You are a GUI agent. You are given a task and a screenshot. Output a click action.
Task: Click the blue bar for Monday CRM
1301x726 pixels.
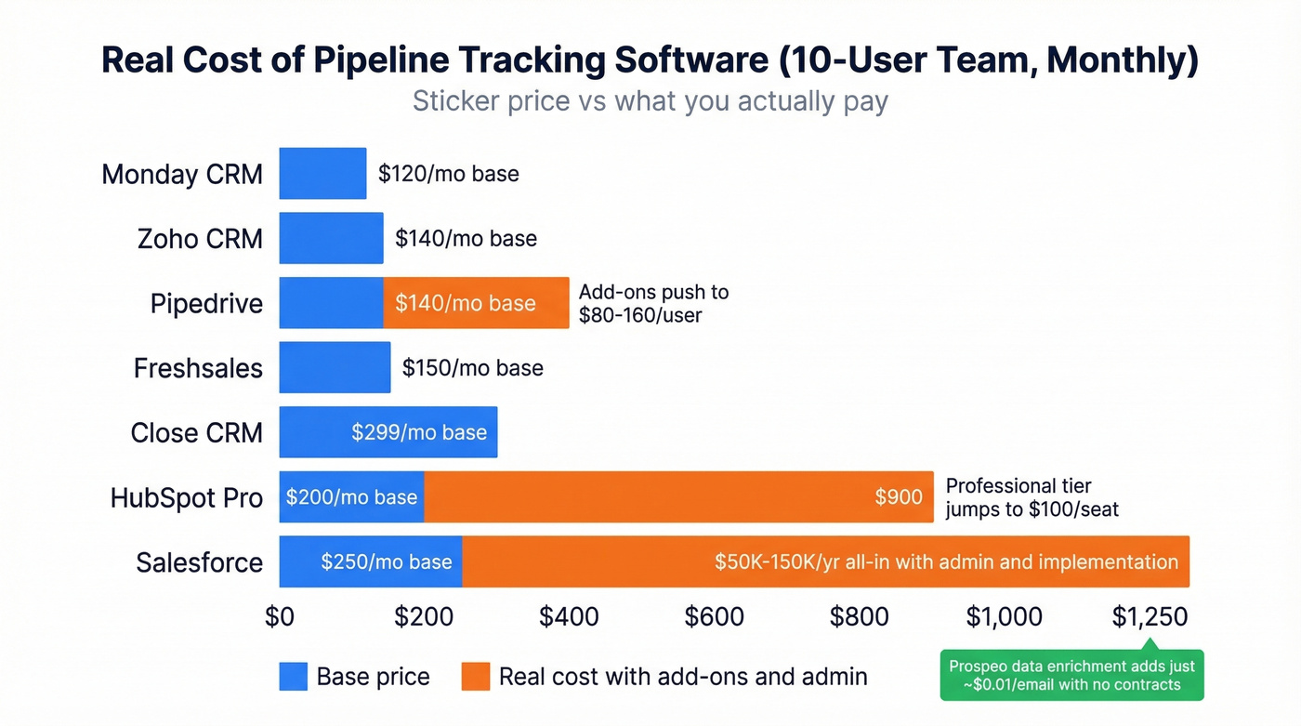pos(322,173)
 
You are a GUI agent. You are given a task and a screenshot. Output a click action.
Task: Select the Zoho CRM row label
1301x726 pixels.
pos(200,239)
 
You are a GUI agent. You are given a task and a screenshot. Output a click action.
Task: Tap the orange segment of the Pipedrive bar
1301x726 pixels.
pos(476,303)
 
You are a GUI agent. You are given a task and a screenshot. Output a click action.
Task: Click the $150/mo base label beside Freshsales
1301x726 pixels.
pos(472,368)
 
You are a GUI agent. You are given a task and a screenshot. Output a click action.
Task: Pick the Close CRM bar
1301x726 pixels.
pos(388,432)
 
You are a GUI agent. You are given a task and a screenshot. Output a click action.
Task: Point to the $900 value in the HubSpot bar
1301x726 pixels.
pos(898,497)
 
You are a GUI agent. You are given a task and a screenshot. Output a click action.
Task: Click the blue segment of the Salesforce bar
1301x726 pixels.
pos(370,561)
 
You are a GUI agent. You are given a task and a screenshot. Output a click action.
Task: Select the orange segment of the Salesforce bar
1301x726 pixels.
pos(825,561)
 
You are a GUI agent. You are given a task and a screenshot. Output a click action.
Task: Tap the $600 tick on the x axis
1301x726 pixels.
pos(714,616)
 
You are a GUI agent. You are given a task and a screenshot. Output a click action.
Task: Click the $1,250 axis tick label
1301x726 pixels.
pos(1149,616)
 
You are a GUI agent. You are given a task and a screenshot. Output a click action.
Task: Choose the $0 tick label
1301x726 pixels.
pos(279,616)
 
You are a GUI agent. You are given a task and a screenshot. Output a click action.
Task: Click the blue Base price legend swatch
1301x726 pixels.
pos(293,677)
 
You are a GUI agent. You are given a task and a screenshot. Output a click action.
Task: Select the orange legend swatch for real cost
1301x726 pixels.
pos(475,677)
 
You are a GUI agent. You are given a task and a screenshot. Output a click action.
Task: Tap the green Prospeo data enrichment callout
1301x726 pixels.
pos(1071,675)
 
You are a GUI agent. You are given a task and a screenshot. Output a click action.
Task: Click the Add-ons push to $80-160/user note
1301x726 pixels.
pos(653,303)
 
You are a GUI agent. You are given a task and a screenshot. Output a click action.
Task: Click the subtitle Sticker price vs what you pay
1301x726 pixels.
pos(650,100)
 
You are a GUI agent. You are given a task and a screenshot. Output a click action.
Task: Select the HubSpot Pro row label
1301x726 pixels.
pos(186,497)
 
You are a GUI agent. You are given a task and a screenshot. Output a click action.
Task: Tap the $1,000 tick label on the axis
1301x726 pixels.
pos(1004,616)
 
